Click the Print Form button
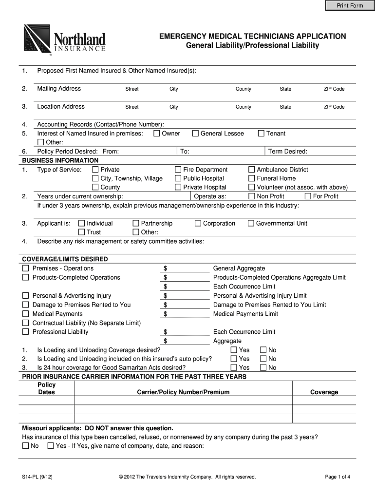coord(350,5)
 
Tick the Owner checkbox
coord(157,134)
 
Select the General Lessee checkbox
coord(196,134)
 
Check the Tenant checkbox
coord(261,134)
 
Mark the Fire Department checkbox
coord(178,170)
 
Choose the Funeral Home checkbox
coord(252,178)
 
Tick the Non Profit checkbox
coord(252,196)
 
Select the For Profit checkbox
coord(308,196)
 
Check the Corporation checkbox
coord(198,224)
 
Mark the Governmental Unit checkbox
coord(251,224)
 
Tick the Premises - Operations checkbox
coord(25,269)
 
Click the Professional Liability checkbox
coord(25,332)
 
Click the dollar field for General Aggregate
coord(188,269)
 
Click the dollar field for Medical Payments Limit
coord(188,314)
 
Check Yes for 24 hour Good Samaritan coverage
coord(234,368)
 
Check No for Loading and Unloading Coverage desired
coord(263,350)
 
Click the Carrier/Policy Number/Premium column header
coord(183,392)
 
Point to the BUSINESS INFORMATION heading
coord(60,160)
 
